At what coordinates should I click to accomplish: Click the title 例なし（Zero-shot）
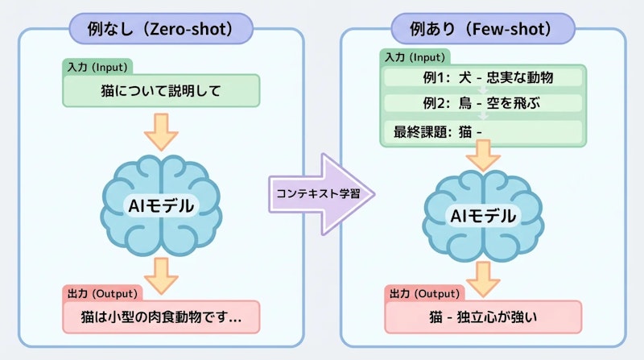pos(161,30)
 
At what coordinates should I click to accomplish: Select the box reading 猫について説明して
pos(162,90)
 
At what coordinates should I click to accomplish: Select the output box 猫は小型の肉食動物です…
pos(162,317)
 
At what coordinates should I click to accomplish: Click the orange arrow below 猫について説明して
pos(162,131)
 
